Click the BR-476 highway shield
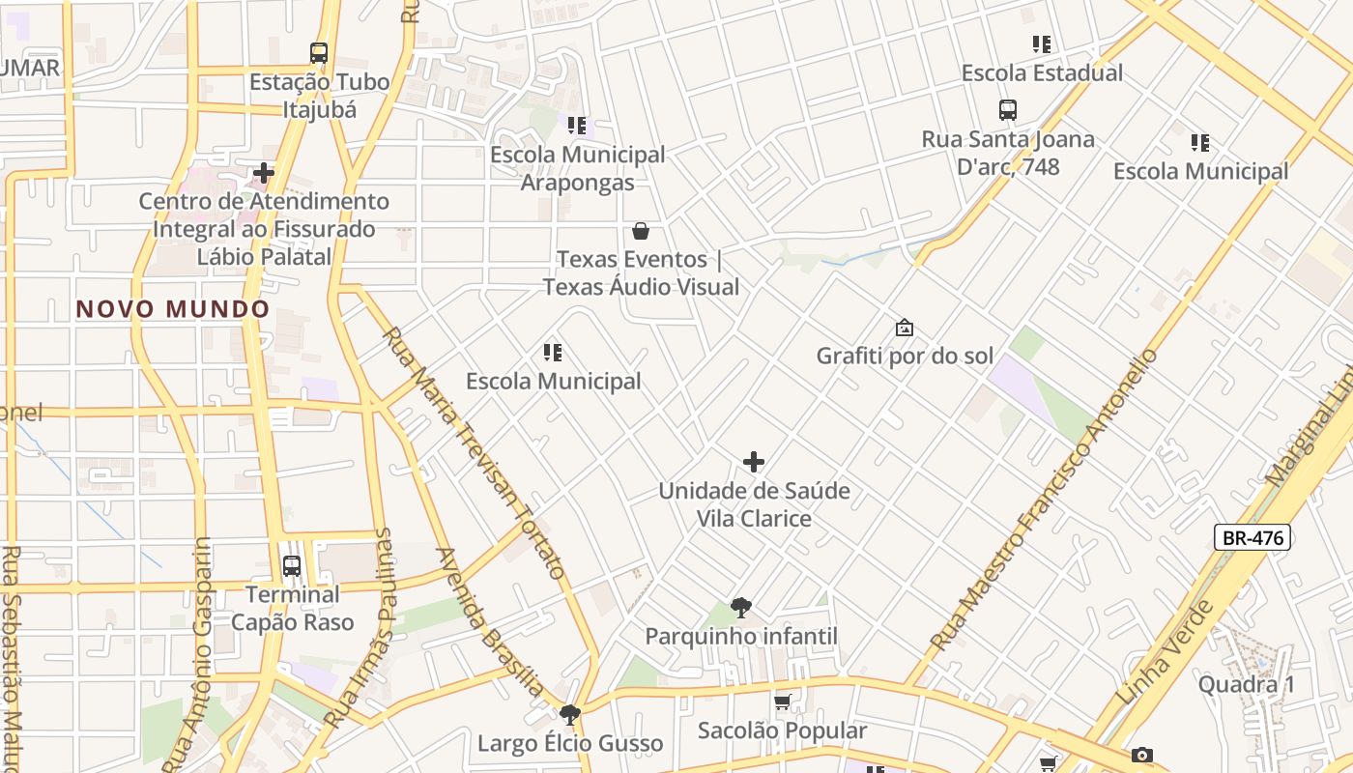(1252, 538)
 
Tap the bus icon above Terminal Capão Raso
(292, 566)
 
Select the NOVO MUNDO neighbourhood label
(173, 309)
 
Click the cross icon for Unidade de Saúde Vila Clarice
(754, 462)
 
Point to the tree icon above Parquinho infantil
(741, 608)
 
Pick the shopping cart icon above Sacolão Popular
(783, 702)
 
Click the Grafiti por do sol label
(905, 356)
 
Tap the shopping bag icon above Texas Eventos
(640, 231)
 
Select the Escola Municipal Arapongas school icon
(577, 126)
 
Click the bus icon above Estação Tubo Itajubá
(319, 53)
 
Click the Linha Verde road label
(1166, 652)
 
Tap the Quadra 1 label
(1246, 685)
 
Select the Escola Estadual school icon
(1041, 44)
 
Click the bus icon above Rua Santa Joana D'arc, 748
(1008, 110)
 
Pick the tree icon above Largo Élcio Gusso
(570, 715)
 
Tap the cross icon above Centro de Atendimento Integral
(264, 174)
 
